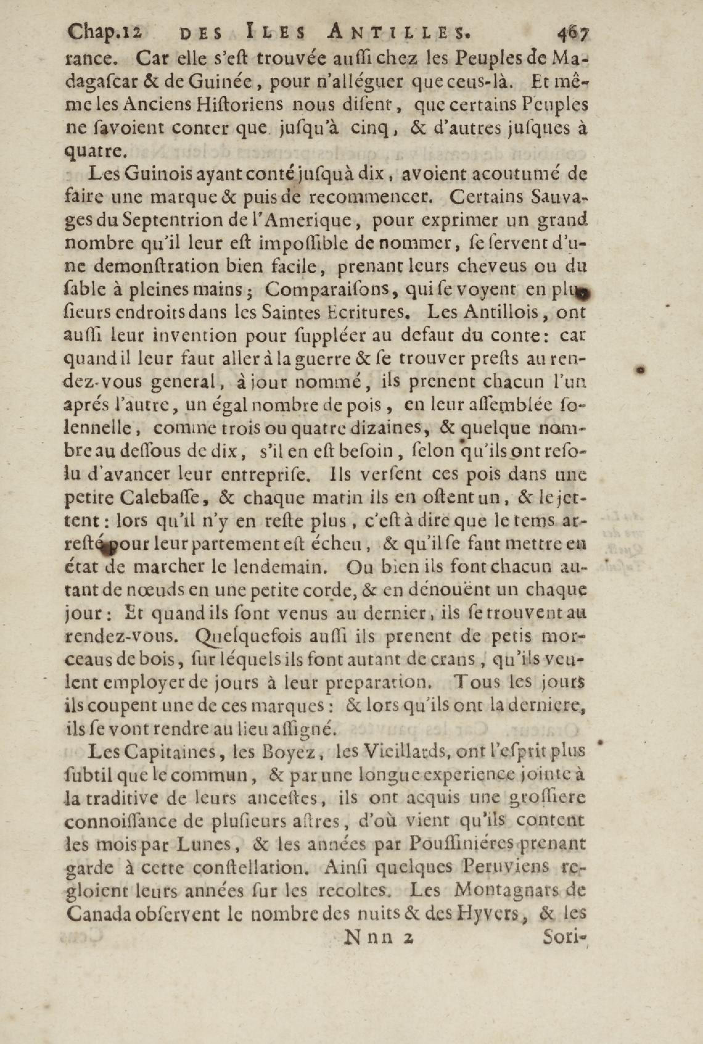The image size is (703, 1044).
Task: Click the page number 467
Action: [572, 34]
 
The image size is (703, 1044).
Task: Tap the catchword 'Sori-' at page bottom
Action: [564, 937]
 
